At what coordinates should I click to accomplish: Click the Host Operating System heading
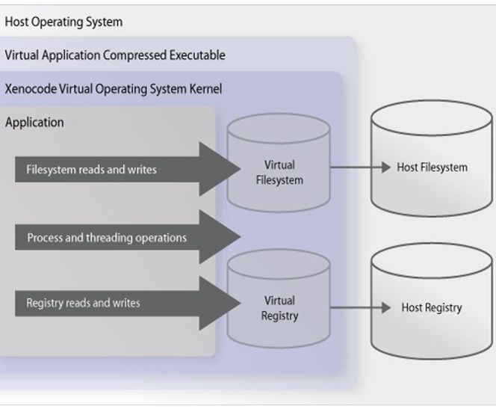[63, 22]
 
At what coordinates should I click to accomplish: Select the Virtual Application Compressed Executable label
[115, 55]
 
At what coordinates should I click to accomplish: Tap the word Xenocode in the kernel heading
[31, 89]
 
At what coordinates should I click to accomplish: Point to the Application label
[34, 123]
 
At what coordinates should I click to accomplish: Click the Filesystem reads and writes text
[91, 170]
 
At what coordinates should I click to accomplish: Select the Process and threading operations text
[107, 238]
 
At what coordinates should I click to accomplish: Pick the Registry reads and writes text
[83, 303]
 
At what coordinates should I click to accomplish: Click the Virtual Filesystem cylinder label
[279, 173]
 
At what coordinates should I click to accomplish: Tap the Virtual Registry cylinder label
[279, 308]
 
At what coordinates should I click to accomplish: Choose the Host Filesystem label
[432, 167]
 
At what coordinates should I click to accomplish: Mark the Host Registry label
[432, 308]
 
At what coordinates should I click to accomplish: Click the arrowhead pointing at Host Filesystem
[386, 167]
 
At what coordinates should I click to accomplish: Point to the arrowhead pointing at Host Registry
[386, 307]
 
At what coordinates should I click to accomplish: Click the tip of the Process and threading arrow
[241, 236]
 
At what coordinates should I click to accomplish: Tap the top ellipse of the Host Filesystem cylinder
[432, 117]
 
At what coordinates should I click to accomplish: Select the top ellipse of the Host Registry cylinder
[432, 260]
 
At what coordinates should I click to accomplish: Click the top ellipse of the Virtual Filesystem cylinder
[279, 129]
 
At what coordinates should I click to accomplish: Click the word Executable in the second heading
[197, 55]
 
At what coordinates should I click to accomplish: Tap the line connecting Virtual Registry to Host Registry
[356, 307]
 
